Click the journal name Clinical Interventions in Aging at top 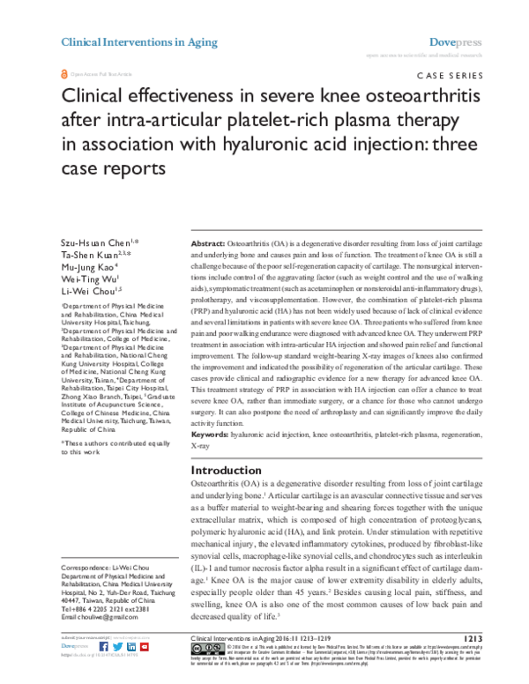point(127,41)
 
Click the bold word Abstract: point(208,217)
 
